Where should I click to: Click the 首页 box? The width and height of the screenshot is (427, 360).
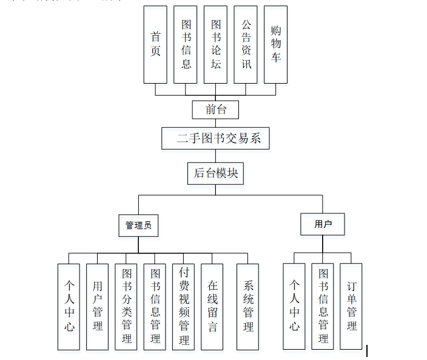(155, 44)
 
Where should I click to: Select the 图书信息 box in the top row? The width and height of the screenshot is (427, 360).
(186, 44)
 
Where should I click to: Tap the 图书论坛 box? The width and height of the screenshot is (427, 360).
(215, 44)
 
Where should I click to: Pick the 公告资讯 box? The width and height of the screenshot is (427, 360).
(246, 44)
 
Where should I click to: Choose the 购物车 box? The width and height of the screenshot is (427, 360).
(275, 44)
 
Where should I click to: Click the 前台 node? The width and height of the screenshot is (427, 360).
(215, 110)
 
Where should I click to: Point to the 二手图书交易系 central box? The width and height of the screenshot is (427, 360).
(215, 138)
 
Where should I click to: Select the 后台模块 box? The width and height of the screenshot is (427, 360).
(215, 173)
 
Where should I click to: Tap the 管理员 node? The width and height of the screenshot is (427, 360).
(138, 225)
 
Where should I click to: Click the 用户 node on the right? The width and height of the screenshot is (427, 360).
(323, 224)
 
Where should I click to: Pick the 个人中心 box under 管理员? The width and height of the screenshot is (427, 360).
(69, 307)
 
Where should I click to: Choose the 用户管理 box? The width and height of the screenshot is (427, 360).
(98, 307)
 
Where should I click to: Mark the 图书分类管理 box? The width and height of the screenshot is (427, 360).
(126, 307)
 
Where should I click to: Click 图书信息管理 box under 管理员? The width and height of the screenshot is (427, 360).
(155, 307)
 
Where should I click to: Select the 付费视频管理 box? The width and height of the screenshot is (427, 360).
(184, 307)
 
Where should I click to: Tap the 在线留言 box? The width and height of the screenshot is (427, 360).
(212, 307)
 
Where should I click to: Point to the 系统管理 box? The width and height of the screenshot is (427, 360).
(248, 307)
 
